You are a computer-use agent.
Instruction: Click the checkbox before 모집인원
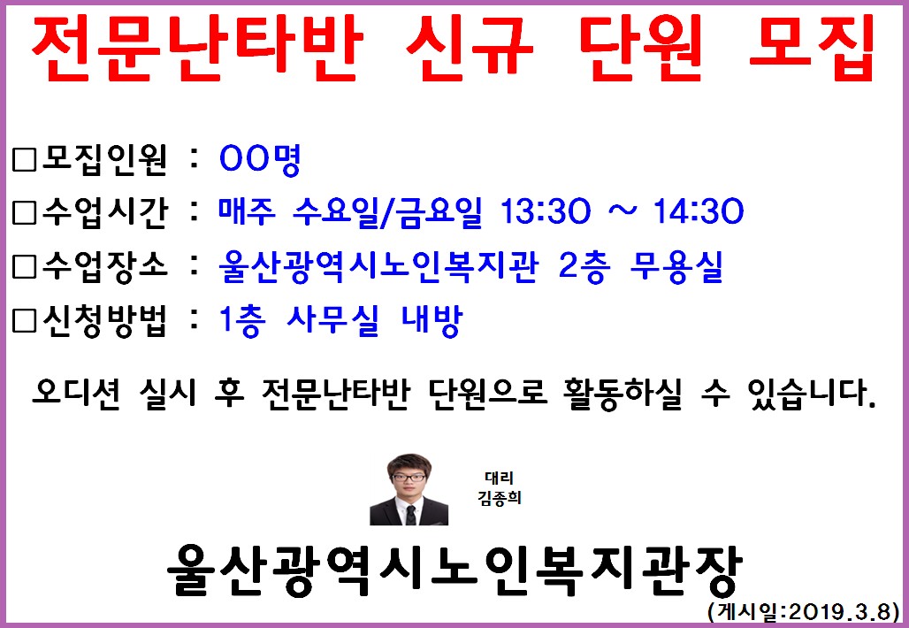pos(25,159)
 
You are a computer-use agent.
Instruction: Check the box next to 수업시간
pos(25,213)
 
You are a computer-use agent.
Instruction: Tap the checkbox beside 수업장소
pos(25,266)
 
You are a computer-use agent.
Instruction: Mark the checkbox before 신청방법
pos(25,319)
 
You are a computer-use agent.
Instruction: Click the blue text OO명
pos(260,159)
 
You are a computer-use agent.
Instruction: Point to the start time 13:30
pos(545,211)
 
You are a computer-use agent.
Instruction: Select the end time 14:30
pos(698,211)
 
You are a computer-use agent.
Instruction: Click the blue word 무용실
pos(676,266)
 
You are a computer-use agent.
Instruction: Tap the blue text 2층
pos(584,266)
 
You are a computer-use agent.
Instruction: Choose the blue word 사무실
pos(332,320)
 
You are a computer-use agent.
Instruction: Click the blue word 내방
pos(432,320)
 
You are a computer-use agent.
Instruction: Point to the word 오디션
pos(76,393)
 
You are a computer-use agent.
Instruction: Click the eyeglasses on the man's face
pos(409,478)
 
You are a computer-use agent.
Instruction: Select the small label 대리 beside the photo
pos(499,478)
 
